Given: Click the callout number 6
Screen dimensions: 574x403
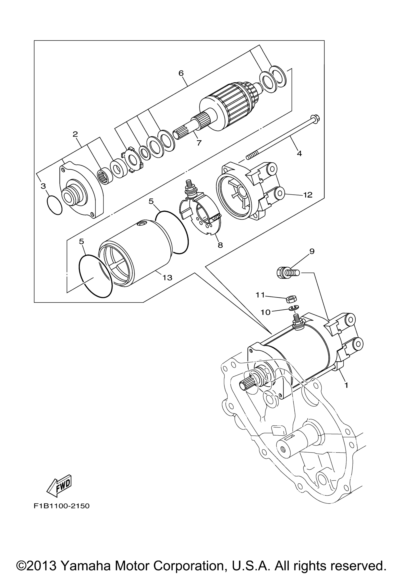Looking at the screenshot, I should [x=181, y=73].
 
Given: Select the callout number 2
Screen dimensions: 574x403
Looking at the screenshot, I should [x=75, y=134].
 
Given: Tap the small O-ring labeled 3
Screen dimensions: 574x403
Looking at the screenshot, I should [x=54, y=205].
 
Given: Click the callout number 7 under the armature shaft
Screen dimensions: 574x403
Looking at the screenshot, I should [x=199, y=143].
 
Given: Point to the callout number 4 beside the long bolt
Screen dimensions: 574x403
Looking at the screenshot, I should [x=299, y=153].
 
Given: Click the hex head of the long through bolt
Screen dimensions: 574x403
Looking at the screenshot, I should [x=313, y=118].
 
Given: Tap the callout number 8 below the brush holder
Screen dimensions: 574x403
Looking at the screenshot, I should [x=220, y=245].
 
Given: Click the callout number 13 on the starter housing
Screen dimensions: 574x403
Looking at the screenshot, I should [x=167, y=278].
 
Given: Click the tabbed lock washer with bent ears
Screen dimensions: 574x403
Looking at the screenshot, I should [x=132, y=160].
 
